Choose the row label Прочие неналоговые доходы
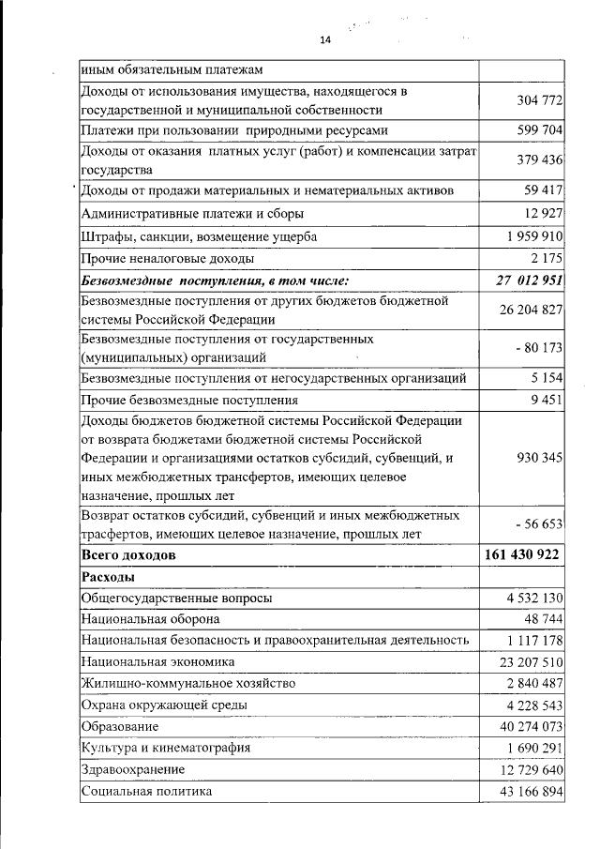(x=167, y=258)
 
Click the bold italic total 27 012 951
(x=529, y=280)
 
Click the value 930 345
(x=539, y=459)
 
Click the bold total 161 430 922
(x=523, y=555)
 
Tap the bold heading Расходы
(x=109, y=576)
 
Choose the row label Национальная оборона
(x=151, y=619)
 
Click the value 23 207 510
(x=530, y=661)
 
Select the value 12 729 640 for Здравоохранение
(x=530, y=769)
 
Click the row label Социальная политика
(x=147, y=791)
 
